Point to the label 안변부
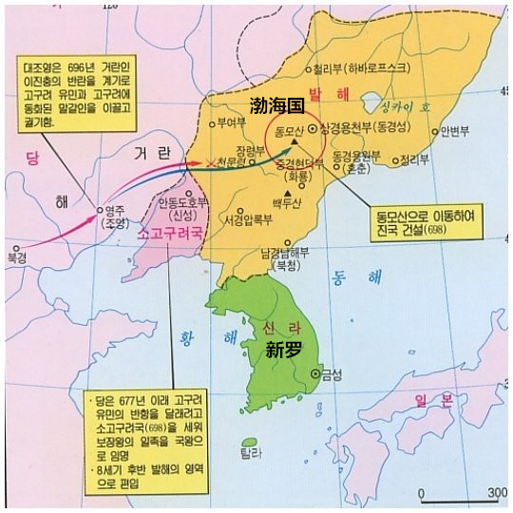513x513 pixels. [x=450, y=131]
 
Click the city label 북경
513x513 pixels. [x=16, y=256]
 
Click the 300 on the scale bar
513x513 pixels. [x=496, y=492]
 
